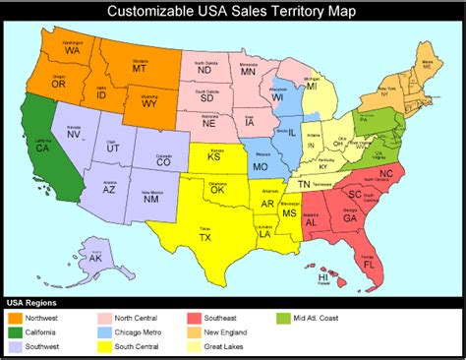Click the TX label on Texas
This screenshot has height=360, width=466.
[x=204, y=238]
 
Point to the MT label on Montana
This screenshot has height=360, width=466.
[x=140, y=71]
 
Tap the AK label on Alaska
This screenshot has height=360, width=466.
[x=95, y=258]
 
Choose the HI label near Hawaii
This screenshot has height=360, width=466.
[x=322, y=277]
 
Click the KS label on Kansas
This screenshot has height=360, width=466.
[x=214, y=156]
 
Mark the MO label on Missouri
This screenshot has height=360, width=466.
[x=261, y=167]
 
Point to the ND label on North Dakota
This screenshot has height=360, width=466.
[x=205, y=71]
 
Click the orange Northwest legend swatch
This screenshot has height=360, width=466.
[x=16, y=318]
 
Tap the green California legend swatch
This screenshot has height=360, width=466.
[x=16, y=332]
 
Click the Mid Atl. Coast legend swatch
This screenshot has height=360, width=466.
[x=284, y=318]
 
